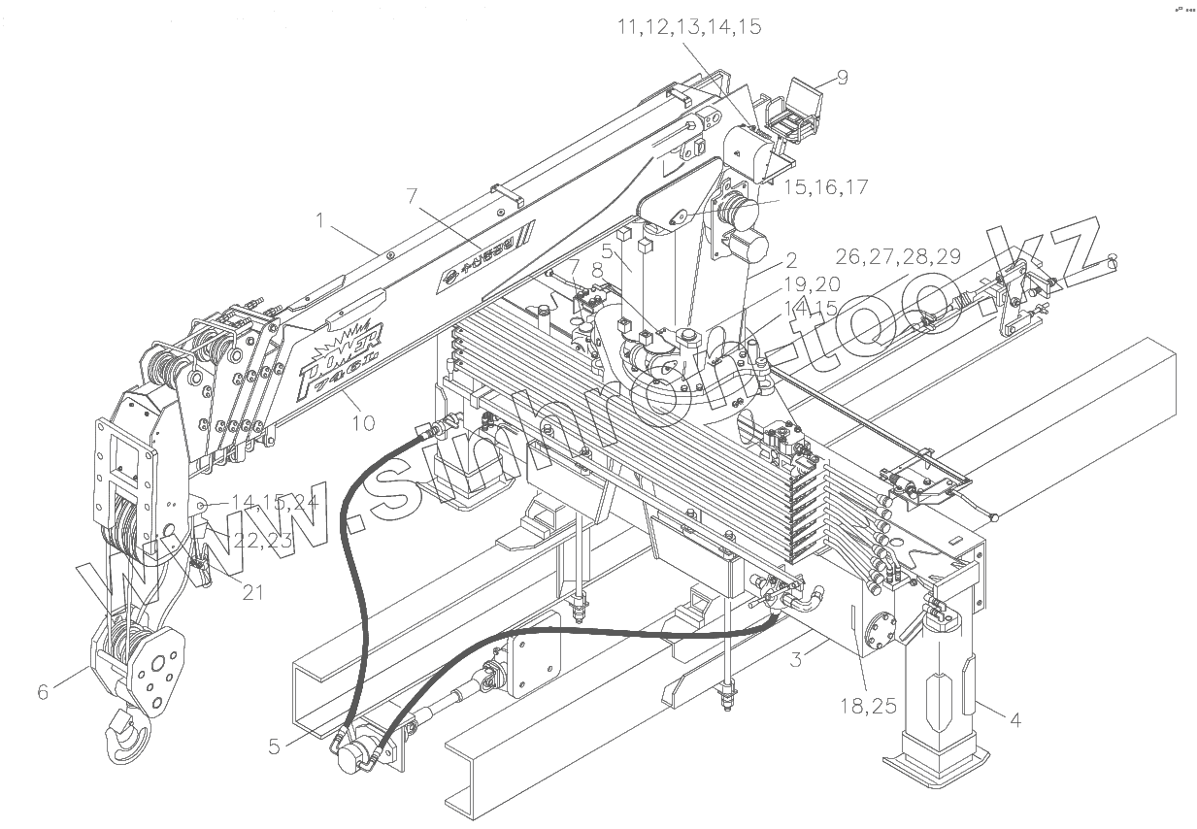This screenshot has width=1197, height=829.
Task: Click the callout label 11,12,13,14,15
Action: tap(689, 27)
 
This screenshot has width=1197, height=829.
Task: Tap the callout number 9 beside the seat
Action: tap(842, 78)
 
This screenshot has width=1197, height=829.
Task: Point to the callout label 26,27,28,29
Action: tap(898, 256)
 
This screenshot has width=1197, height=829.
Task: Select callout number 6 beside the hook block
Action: tap(43, 692)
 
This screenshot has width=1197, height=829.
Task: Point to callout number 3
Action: tap(795, 660)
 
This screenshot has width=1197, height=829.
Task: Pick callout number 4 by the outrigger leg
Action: tap(1015, 720)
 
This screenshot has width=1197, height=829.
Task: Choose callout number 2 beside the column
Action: tap(791, 260)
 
